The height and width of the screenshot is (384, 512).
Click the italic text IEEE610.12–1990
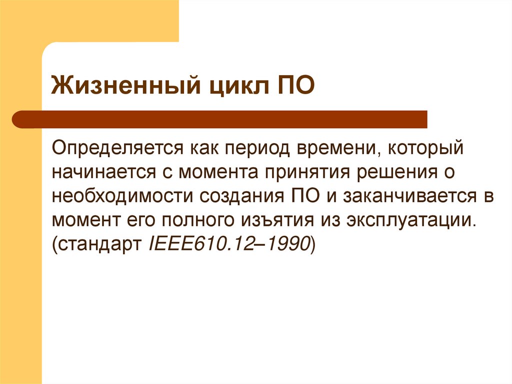(230, 244)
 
